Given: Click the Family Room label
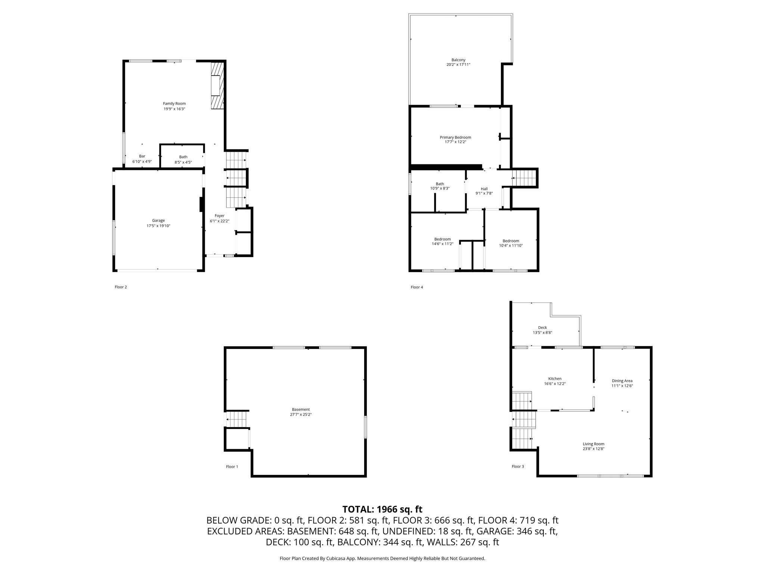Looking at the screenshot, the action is tap(174, 104).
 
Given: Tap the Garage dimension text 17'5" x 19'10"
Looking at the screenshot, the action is tap(158, 226).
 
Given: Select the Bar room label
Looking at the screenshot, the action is tap(142, 156).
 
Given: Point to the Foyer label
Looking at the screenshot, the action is tap(220, 216).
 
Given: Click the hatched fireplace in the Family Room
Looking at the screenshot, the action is tap(217, 86).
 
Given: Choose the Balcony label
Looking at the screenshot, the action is tap(458, 60).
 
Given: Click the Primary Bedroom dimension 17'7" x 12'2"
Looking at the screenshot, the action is tap(455, 142).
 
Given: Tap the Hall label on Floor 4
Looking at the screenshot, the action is tap(484, 189).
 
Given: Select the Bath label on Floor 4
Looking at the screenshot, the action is tap(440, 184).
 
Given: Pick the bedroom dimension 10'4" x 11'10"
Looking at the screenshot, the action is tap(511, 246).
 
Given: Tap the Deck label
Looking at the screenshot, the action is tap(542, 328).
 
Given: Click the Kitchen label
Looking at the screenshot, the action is tap(555, 379).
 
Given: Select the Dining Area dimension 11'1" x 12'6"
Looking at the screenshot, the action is tap(622, 386).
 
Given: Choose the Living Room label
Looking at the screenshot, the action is tap(594, 444).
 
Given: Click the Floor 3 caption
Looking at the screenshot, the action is tap(518, 466).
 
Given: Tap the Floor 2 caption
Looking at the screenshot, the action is tap(121, 287).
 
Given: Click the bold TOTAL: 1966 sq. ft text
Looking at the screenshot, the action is tap(382, 509).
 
